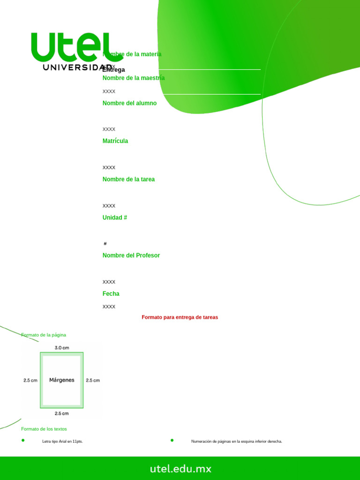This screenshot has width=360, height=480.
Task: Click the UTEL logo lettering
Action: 70,47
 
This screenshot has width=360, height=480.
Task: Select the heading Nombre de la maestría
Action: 134,78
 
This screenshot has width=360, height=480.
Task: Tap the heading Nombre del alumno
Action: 129,103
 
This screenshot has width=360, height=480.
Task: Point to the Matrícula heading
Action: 115,141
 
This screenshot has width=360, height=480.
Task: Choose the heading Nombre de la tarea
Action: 128,180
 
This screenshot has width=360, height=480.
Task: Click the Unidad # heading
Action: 115,218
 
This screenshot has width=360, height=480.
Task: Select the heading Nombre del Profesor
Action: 131,255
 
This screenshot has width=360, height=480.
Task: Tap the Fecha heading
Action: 111,294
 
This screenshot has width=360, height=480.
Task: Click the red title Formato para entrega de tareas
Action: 180,317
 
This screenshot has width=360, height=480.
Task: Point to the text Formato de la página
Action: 44,335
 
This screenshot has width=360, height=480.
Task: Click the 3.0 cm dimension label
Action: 62,348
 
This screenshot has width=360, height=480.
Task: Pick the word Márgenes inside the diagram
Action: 62,380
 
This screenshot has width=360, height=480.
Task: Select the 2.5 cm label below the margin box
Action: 62,413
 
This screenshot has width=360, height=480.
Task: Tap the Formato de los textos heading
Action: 44,429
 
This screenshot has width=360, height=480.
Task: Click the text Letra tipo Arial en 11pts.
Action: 62,442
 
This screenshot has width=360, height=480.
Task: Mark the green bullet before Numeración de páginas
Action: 172,440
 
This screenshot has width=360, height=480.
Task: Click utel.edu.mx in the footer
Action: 180,469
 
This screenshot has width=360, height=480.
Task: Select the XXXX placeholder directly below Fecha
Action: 109,307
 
